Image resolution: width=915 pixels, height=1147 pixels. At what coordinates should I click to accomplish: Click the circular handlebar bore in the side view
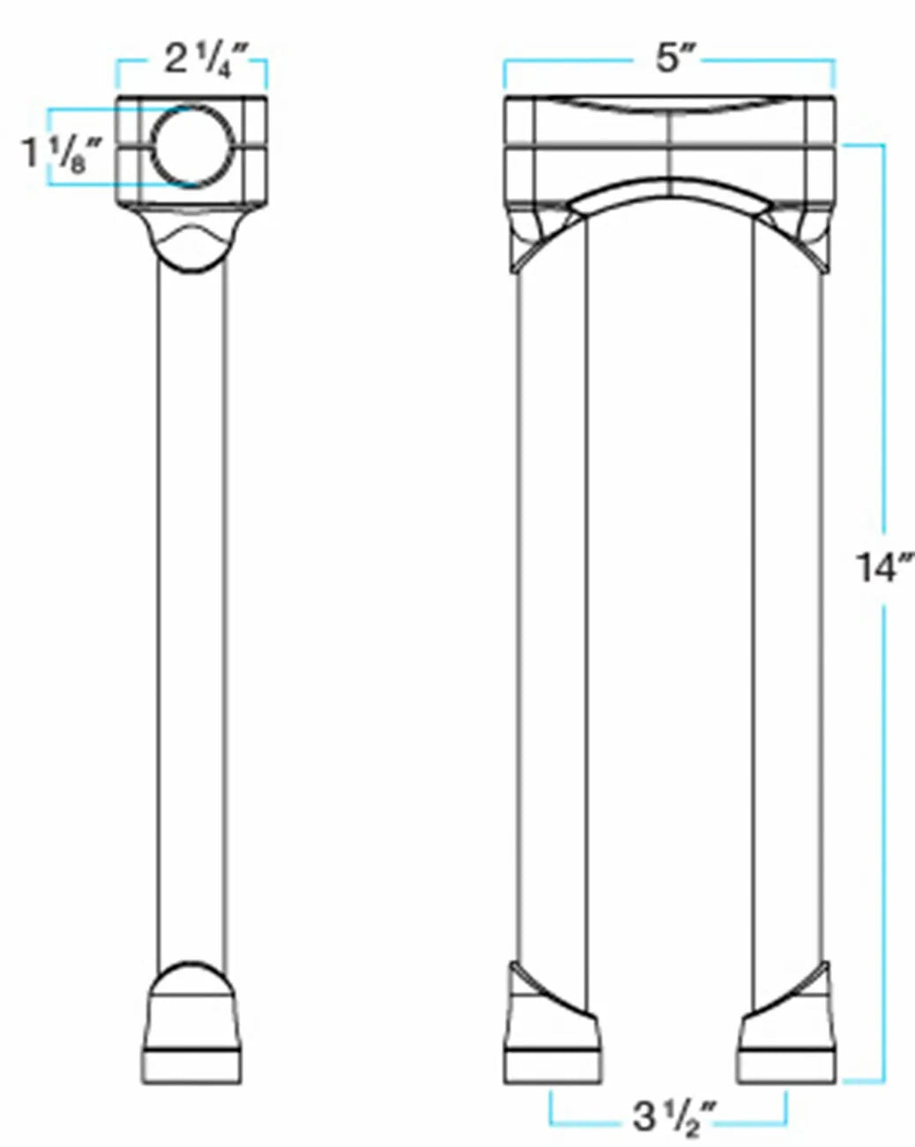tap(193, 146)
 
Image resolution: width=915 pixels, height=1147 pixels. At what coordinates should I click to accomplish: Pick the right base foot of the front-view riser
tap(788, 1041)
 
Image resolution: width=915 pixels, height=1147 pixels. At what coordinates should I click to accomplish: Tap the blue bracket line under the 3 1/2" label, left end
tap(551, 1113)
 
